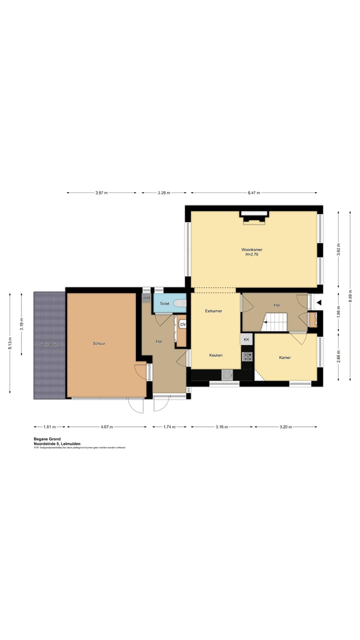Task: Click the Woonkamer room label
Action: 251,249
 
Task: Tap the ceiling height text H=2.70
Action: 251,254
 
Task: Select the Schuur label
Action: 99,343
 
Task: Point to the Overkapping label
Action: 49,344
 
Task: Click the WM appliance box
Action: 146,298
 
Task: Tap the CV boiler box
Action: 183,324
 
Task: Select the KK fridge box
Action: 246,339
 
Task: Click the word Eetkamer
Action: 213,311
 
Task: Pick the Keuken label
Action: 216,355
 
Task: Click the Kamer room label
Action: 285,357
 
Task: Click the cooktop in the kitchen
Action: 247,356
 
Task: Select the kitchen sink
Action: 227,374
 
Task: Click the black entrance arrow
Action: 318,302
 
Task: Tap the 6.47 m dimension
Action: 253,192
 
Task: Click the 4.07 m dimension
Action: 106,427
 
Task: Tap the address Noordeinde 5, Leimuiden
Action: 57,443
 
